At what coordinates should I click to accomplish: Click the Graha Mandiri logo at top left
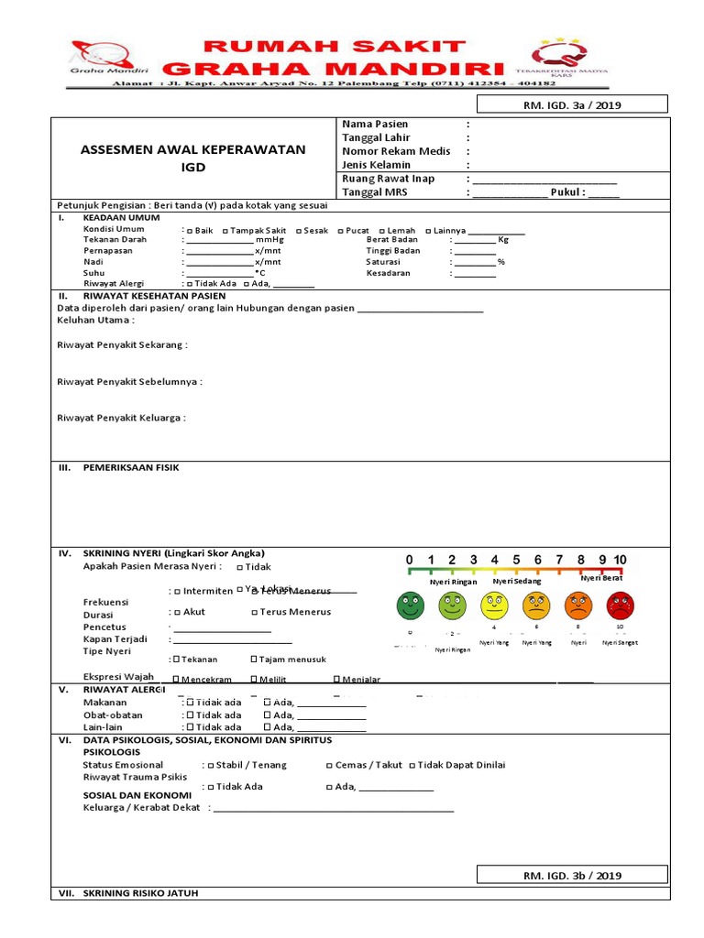tap(101, 60)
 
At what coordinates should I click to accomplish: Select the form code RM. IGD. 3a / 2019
tap(571, 105)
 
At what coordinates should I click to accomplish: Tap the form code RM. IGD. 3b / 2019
tap(571, 876)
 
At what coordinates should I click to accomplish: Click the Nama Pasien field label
tap(375, 124)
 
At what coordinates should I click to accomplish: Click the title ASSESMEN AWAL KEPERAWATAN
tap(193, 149)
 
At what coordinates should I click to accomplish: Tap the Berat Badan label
tap(392, 240)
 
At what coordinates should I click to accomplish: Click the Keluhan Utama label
tap(95, 321)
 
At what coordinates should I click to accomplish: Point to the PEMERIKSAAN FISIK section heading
tap(131, 467)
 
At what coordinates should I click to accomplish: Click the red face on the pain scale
tap(620, 605)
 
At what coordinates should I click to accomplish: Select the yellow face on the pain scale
tap(494, 605)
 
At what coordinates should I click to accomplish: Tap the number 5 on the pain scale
tap(516, 560)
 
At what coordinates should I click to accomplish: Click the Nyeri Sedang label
tap(516, 581)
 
